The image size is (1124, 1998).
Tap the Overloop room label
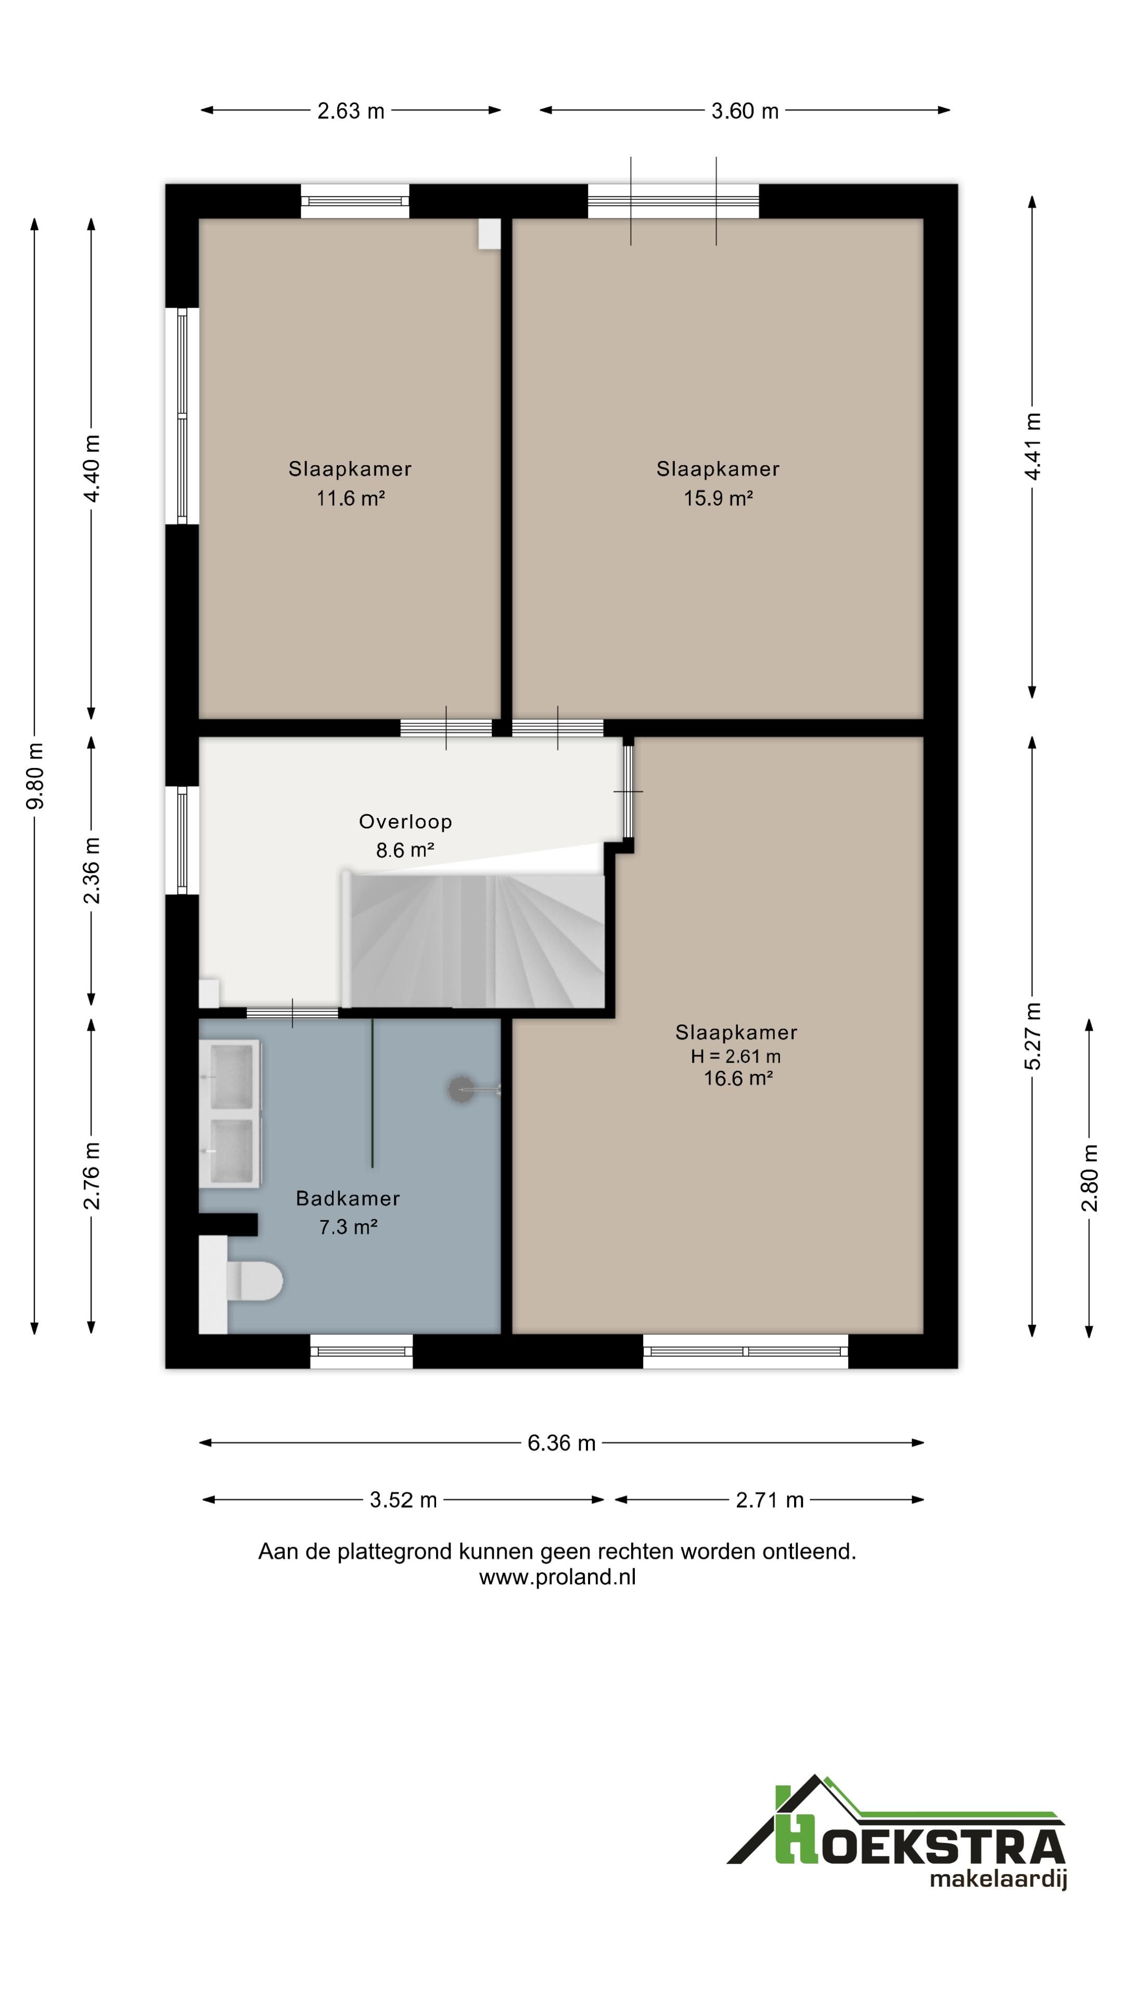point(405,822)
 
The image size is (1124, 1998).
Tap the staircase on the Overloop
point(473,939)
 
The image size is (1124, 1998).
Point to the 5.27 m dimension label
point(1032,1036)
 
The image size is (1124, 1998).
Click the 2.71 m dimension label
point(770,1500)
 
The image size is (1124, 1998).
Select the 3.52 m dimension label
point(403,1500)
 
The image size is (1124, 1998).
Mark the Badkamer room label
point(348,1198)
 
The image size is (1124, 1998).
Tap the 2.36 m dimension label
point(92,870)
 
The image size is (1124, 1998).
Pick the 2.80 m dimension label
point(1090,1177)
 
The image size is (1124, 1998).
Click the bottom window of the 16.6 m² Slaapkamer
point(746,1351)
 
